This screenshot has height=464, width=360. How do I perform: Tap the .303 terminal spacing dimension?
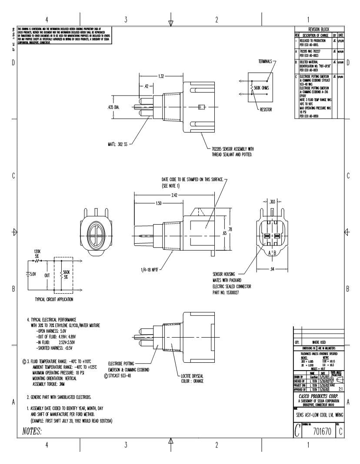pyautogui.click(x=272, y=202)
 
